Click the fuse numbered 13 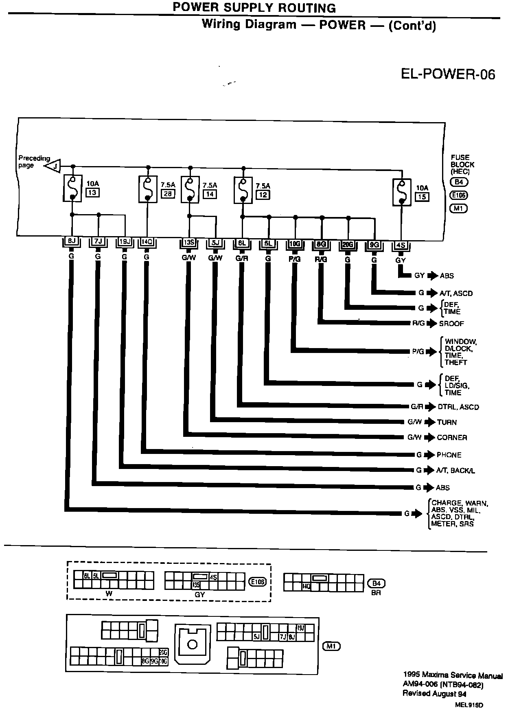[72, 188]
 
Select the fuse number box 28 [168, 194]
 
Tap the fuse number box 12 [263, 195]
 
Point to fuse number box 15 [422, 197]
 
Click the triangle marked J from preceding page [53, 166]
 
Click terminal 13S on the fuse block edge [189, 243]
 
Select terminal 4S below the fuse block [401, 245]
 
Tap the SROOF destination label [451, 324]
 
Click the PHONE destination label [449, 455]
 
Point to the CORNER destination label [452, 438]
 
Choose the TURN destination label [447, 422]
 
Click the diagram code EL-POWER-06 [448, 74]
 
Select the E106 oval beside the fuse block [459, 195]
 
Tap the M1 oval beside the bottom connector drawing [331, 646]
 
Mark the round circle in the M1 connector [192, 644]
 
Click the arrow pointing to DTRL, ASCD [431, 407]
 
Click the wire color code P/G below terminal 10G [294, 258]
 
